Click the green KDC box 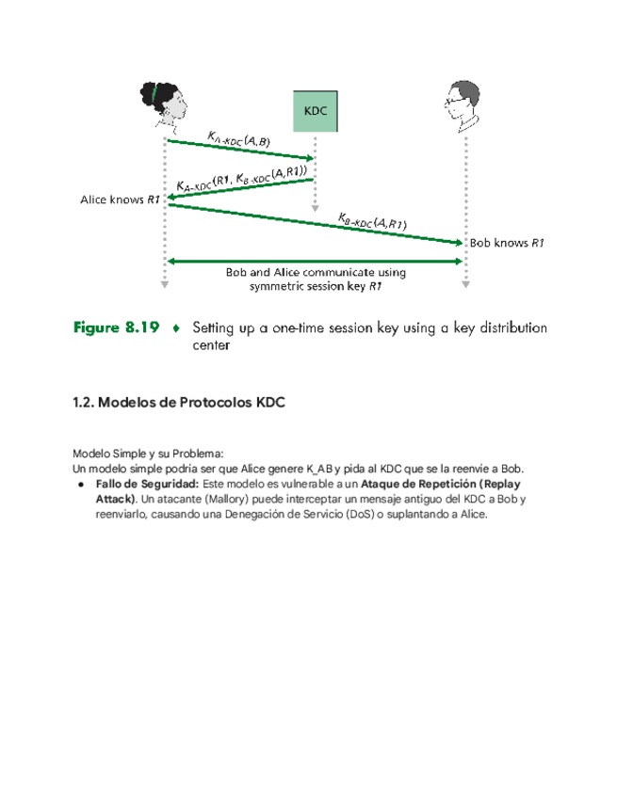click(315, 112)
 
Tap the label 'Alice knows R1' click(120, 200)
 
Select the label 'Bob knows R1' click(507, 243)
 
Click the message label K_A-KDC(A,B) click(238, 139)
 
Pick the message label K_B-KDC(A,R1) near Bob click(372, 222)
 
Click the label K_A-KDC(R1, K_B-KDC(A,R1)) click(241, 179)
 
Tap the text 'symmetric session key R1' click(316, 286)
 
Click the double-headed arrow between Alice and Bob click(315, 261)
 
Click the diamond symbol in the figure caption click(175, 329)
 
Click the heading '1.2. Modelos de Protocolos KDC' click(178, 403)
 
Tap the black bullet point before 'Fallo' click(82, 483)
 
